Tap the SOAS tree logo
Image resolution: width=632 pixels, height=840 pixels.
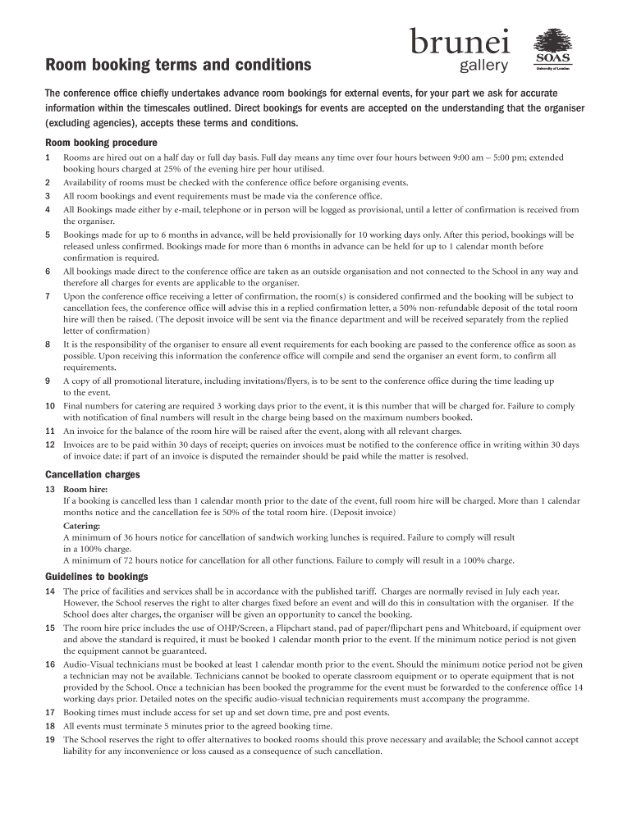[x=552, y=50]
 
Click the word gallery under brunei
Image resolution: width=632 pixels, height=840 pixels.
[x=483, y=66]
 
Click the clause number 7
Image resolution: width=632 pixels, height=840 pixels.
[x=48, y=296]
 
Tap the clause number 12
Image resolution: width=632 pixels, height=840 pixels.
[x=50, y=445]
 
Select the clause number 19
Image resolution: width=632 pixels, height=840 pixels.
[x=50, y=739]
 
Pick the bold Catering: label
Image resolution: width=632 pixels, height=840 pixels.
[x=82, y=525]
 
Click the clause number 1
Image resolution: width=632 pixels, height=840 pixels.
[x=48, y=157]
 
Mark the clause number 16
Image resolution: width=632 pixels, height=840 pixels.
[x=50, y=664]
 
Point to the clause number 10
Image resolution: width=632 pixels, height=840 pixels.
[x=50, y=406]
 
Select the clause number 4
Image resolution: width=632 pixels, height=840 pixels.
[x=48, y=209]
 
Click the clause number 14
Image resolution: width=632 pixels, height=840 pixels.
[x=50, y=591]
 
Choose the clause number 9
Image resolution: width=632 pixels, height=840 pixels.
[x=48, y=381]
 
